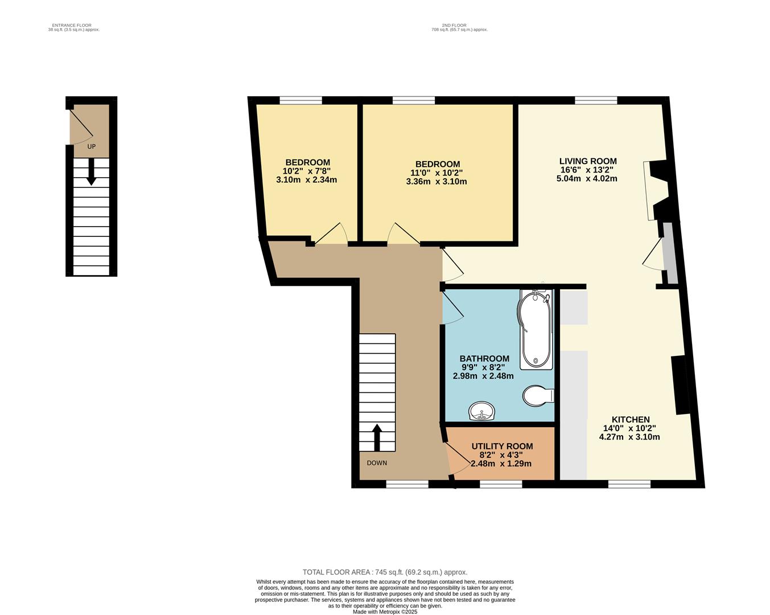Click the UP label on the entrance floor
point(91,146)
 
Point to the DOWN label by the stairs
point(377,463)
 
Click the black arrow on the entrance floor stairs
point(90,173)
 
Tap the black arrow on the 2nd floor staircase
point(377,437)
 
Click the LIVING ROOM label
point(587,161)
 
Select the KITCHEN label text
point(630,420)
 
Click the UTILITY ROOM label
point(502,446)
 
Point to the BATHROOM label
point(484,359)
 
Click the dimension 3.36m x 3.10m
point(437,182)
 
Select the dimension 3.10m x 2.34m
point(307,180)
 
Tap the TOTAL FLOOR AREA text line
point(385,572)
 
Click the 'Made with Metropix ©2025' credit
point(385,612)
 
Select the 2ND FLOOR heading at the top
point(454,25)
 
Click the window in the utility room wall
point(501,485)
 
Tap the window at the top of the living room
point(596,100)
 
